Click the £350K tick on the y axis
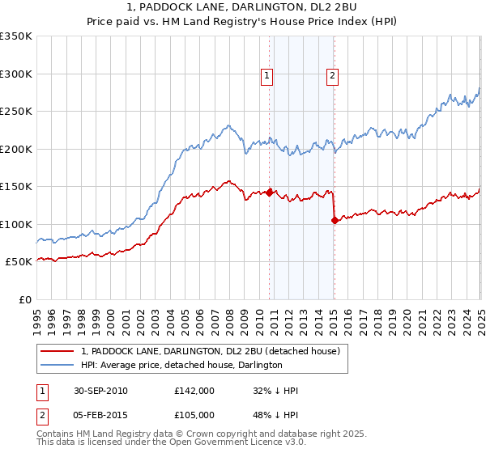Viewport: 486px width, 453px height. (x=16, y=36)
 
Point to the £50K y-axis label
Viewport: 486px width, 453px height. (x=19, y=261)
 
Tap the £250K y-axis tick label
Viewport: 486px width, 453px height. (x=16, y=112)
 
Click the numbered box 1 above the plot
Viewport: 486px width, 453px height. (x=266, y=77)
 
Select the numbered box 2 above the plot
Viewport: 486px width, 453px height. (x=332, y=77)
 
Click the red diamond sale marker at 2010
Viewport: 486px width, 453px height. (x=270, y=193)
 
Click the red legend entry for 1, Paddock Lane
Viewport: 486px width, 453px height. (x=215, y=351)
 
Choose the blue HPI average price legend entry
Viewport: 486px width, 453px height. (x=181, y=366)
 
